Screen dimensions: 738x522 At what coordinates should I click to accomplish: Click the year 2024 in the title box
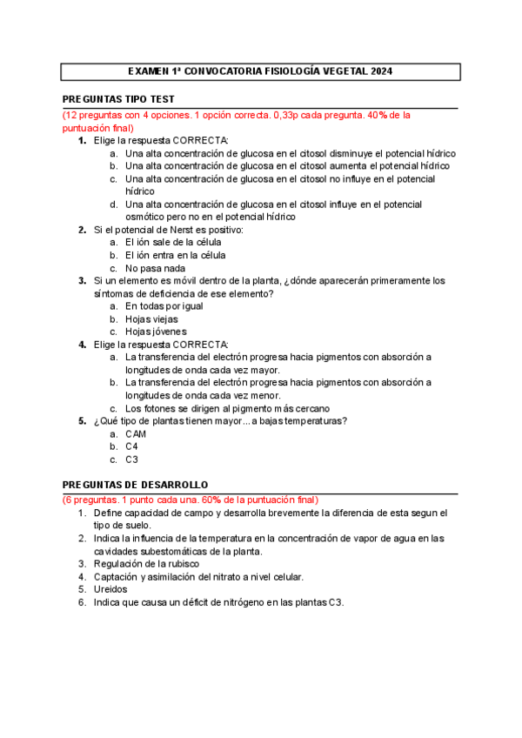click(380, 72)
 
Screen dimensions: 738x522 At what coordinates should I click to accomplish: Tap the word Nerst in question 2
click(177, 230)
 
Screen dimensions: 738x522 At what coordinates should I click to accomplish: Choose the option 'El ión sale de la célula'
click(173, 242)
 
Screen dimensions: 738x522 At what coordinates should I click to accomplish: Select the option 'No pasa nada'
click(155, 268)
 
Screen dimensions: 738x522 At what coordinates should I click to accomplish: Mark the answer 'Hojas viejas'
click(151, 319)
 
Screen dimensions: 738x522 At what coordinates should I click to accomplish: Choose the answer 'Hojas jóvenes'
click(157, 332)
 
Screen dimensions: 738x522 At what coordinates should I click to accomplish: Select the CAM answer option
click(136, 433)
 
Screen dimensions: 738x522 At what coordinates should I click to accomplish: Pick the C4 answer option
click(132, 446)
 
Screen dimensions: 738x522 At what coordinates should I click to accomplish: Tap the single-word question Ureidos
click(112, 588)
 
